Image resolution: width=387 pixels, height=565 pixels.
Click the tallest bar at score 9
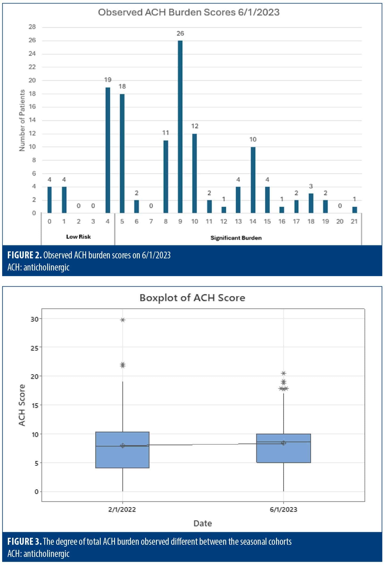[x=180, y=127]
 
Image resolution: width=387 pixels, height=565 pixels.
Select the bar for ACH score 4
[x=108, y=150]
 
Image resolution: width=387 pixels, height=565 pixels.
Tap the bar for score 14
[x=253, y=180]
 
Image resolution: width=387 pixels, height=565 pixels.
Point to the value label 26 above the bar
[x=180, y=33]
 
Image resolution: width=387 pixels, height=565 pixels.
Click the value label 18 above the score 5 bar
[x=122, y=86]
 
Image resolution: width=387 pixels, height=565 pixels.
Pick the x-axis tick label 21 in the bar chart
[x=354, y=221]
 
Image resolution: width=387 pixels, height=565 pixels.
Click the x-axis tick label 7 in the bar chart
[x=151, y=221]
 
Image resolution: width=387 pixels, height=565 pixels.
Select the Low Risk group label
[x=79, y=237]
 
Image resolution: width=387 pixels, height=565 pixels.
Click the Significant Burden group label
[x=236, y=238]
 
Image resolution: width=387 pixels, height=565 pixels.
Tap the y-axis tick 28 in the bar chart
[x=32, y=27]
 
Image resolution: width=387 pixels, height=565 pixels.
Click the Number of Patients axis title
[x=22, y=120]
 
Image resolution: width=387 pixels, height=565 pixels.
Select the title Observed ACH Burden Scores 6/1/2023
[x=189, y=12]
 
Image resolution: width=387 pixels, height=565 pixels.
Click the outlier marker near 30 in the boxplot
[x=123, y=320]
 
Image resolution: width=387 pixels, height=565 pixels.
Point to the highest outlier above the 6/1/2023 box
[x=284, y=373]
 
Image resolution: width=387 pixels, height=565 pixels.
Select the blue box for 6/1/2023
[x=283, y=448]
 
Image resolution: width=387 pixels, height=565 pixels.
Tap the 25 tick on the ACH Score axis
[x=35, y=348]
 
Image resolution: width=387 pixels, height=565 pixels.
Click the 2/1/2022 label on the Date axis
[x=122, y=509]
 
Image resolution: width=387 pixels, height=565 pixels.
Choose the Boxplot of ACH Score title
[x=192, y=298]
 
